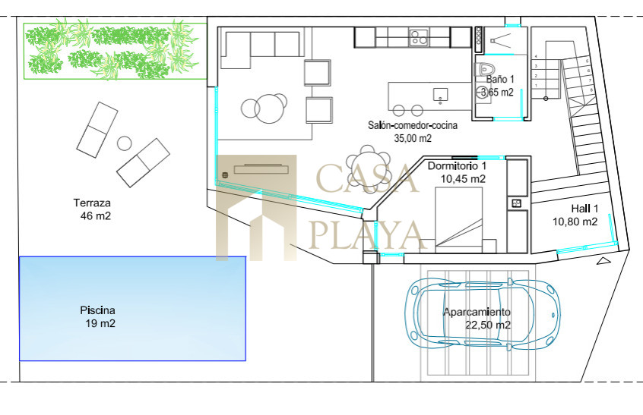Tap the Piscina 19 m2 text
[97, 317]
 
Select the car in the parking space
[483, 314]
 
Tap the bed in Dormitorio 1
[458, 219]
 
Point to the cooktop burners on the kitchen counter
[419, 37]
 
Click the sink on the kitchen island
[440, 95]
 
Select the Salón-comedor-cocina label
[413, 125]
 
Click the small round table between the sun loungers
[124, 143]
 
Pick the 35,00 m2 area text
[413, 138]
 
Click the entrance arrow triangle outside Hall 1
[603, 261]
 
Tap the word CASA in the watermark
[367, 178]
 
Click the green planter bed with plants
[116, 51]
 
